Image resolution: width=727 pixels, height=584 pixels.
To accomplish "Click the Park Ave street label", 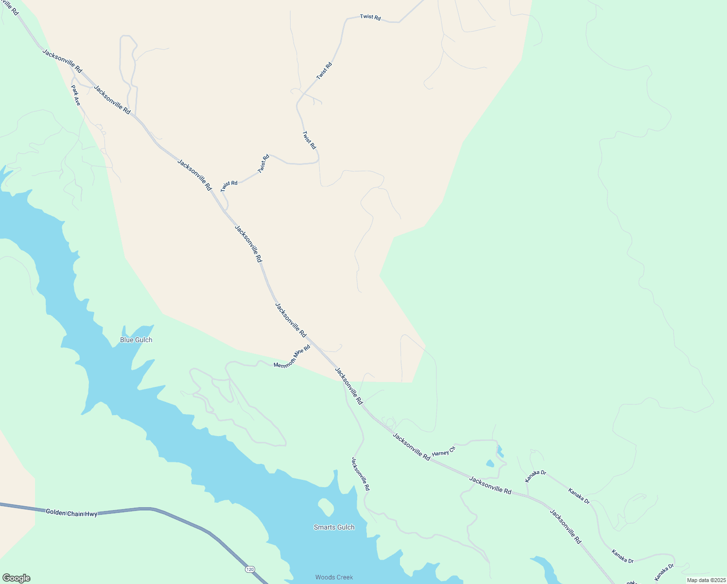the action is click(x=76, y=96).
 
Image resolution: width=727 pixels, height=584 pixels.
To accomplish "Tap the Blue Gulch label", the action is click(x=136, y=340).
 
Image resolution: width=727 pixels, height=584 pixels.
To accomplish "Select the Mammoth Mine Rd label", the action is click(x=292, y=357).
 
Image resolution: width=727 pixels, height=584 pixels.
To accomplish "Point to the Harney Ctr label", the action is click(x=443, y=451).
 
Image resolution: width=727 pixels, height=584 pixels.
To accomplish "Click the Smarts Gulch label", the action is click(x=334, y=527).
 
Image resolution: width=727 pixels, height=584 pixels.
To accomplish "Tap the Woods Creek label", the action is click(x=334, y=577).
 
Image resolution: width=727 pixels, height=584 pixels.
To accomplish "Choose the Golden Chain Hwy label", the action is click(x=71, y=512).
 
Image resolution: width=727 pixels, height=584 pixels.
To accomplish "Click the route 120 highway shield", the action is click(x=249, y=569).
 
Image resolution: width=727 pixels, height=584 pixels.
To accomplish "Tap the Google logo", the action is click(x=16, y=578).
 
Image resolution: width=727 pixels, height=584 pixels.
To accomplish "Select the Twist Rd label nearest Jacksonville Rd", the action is click(x=229, y=186).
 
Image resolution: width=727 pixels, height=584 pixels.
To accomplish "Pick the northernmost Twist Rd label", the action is click(x=370, y=17).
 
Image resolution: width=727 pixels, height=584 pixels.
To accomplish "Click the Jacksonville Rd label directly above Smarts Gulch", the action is click(x=361, y=474).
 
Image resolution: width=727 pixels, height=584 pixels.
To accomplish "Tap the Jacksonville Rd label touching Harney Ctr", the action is click(x=411, y=447).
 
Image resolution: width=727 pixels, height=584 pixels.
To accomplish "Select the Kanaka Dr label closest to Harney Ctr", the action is click(x=536, y=476).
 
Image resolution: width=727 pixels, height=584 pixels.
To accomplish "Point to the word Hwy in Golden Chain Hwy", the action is click(x=90, y=514).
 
